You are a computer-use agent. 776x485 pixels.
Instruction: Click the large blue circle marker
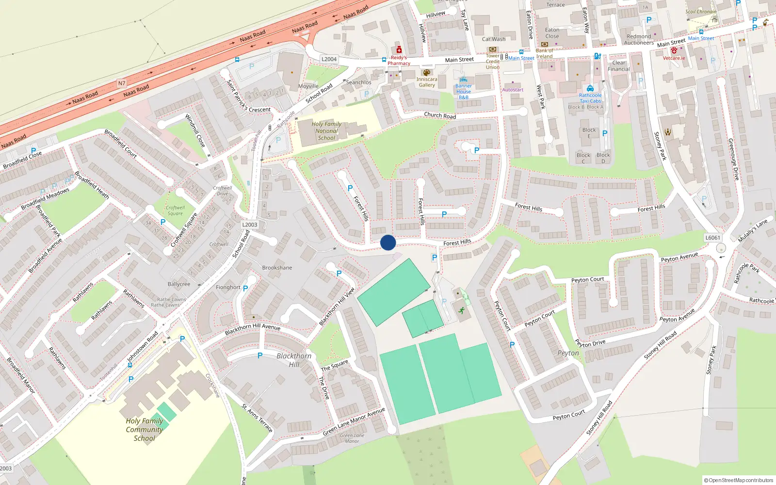point(388,242)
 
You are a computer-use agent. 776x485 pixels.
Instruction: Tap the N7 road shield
point(122,83)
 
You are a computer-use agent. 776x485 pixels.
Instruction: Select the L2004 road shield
point(329,59)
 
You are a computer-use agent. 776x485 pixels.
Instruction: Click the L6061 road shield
point(712,238)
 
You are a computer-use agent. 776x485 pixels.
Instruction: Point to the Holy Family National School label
point(326,131)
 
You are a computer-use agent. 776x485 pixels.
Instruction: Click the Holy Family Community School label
point(145,430)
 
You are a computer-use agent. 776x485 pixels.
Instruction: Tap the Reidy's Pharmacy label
point(399,60)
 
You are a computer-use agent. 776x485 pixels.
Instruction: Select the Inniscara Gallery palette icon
point(427,72)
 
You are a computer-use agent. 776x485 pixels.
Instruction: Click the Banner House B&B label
point(464,92)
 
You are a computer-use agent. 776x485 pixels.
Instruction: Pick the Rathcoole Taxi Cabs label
point(590,98)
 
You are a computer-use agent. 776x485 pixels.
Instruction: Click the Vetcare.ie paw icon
point(674,50)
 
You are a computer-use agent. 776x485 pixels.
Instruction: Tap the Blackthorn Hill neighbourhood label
point(294,360)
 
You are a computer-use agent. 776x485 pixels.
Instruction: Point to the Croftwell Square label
point(176,210)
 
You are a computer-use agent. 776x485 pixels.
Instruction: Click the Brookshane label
point(277,268)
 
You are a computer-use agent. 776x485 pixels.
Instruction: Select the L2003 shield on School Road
point(250,225)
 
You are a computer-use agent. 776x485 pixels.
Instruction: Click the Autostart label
point(513,90)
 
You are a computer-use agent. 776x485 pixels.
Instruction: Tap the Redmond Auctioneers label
point(639,40)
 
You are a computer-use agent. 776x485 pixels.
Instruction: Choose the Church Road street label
point(440,115)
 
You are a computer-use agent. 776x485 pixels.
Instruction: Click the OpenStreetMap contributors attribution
point(738,480)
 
